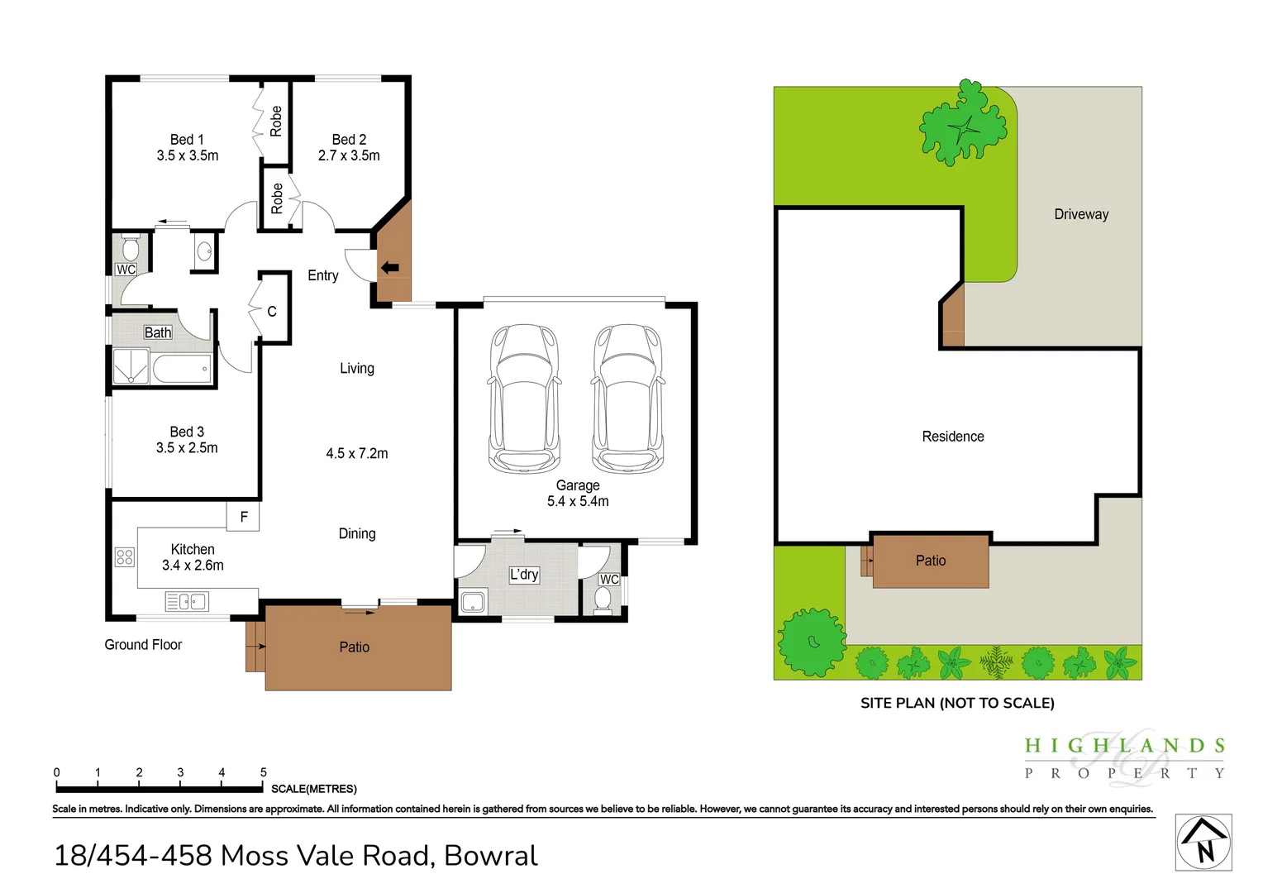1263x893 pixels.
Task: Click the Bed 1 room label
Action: point(187,140)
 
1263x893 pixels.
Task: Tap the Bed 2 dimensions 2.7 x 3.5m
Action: point(349,155)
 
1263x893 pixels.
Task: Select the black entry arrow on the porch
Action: point(389,268)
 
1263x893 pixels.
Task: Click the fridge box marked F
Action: point(243,517)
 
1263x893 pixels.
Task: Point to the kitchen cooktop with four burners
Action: point(125,557)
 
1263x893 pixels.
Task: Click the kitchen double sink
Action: point(187,601)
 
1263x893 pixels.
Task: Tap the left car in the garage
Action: point(524,399)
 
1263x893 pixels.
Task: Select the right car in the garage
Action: point(627,399)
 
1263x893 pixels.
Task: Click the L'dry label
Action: point(524,575)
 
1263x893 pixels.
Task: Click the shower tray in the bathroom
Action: point(131,366)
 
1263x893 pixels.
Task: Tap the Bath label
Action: point(158,333)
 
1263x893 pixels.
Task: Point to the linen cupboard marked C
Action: point(272,312)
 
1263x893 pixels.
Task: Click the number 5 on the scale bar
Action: point(264,772)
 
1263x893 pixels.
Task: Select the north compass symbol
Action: point(1203,843)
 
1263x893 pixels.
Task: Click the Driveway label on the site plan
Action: point(1081,214)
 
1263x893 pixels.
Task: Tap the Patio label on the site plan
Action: point(931,561)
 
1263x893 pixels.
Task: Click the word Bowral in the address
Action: point(490,855)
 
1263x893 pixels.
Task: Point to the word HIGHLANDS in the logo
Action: point(1124,746)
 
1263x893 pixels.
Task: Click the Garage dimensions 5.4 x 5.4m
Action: point(578,501)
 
